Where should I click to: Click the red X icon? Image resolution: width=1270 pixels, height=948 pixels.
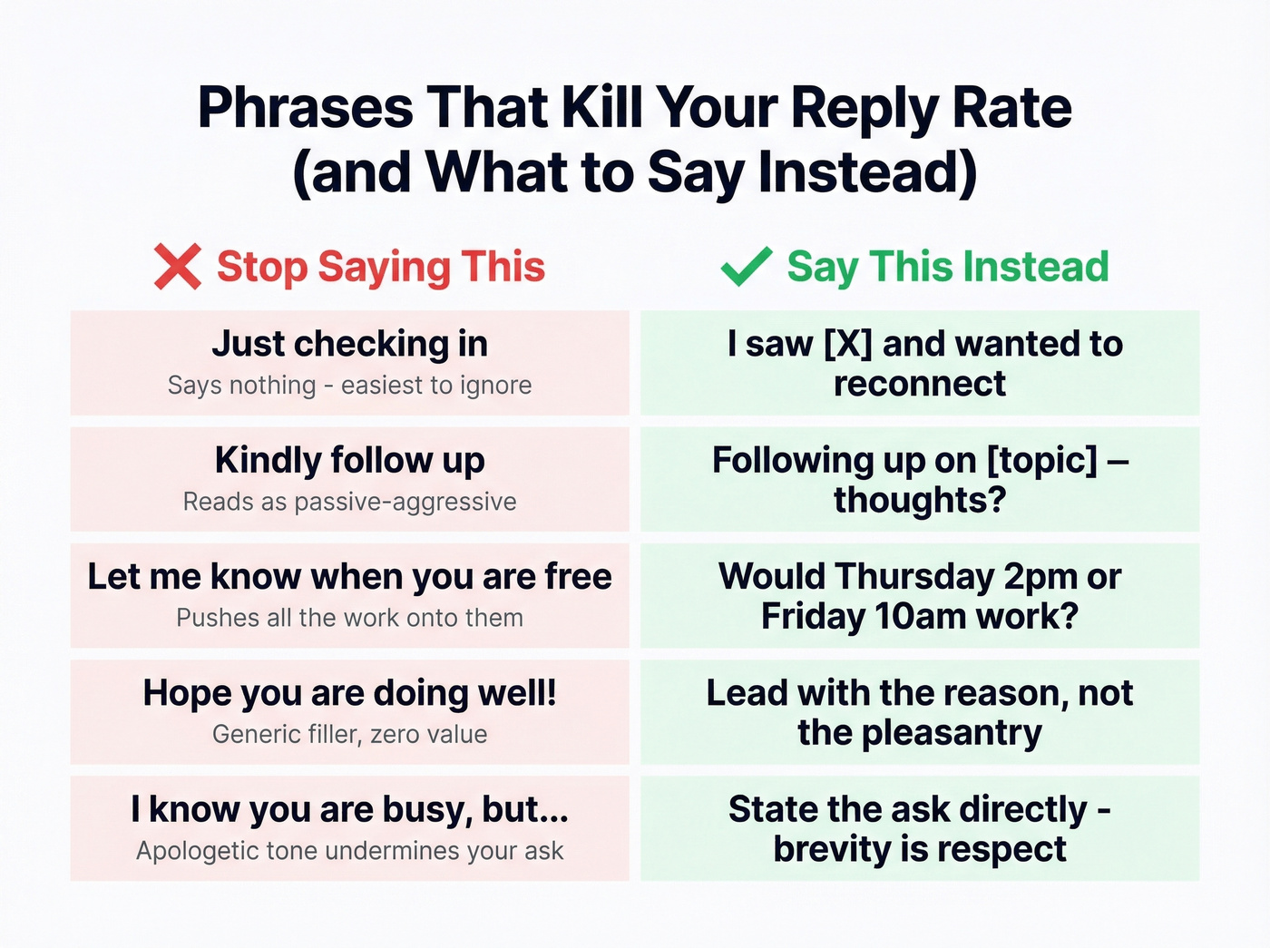[x=177, y=267]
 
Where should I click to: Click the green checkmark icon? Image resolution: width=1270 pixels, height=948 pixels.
[x=746, y=267]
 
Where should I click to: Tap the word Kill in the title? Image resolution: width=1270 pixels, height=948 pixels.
[x=602, y=108]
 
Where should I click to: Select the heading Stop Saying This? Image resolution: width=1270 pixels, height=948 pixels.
[x=380, y=267]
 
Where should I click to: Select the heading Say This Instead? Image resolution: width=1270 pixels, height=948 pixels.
[x=947, y=267]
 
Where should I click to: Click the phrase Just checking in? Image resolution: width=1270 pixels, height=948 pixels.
[x=349, y=344]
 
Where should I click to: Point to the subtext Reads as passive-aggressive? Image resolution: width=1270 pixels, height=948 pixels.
[x=349, y=502]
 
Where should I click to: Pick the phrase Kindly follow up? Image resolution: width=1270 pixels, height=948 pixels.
[x=349, y=460]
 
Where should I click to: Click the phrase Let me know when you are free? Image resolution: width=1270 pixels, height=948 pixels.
[x=349, y=577]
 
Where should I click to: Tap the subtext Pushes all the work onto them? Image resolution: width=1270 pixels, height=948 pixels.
[x=349, y=618]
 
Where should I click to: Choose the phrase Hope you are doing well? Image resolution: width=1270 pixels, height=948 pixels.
[x=349, y=693]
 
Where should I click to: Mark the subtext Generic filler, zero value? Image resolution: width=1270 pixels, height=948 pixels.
[x=349, y=734]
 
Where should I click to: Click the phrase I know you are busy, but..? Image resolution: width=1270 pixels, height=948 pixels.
[x=349, y=809]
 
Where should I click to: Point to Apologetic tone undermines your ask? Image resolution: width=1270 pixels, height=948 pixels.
[x=349, y=851]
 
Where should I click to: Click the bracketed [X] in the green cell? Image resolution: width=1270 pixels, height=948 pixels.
[x=847, y=345]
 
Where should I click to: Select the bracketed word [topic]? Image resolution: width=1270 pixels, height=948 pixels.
[x=1041, y=461]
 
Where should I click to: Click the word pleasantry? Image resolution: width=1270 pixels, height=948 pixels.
[x=952, y=733]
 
